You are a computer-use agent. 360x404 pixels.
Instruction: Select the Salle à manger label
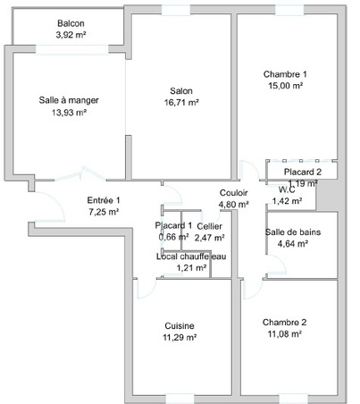(69, 100)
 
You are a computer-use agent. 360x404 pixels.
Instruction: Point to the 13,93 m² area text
(69, 113)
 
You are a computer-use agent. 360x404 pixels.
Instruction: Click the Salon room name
(181, 90)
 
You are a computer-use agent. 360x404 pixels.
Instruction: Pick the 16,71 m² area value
(181, 103)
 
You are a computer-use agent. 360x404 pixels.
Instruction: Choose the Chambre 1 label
(285, 73)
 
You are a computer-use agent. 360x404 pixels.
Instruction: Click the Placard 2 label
(304, 172)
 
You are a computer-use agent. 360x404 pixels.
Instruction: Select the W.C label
(288, 189)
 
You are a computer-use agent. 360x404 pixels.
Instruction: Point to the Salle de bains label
(289, 231)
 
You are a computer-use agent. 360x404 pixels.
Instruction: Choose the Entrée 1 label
(104, 200)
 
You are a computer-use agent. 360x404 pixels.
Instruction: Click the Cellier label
(210, 226)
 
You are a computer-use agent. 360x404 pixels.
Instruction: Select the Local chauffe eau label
(191, 257)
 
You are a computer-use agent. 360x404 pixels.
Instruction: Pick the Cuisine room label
(180, 325)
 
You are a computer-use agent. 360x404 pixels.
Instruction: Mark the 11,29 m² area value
(180, 338)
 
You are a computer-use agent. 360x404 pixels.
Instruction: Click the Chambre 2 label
(285, 322)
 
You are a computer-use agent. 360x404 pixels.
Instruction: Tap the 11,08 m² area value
(285, 334)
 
